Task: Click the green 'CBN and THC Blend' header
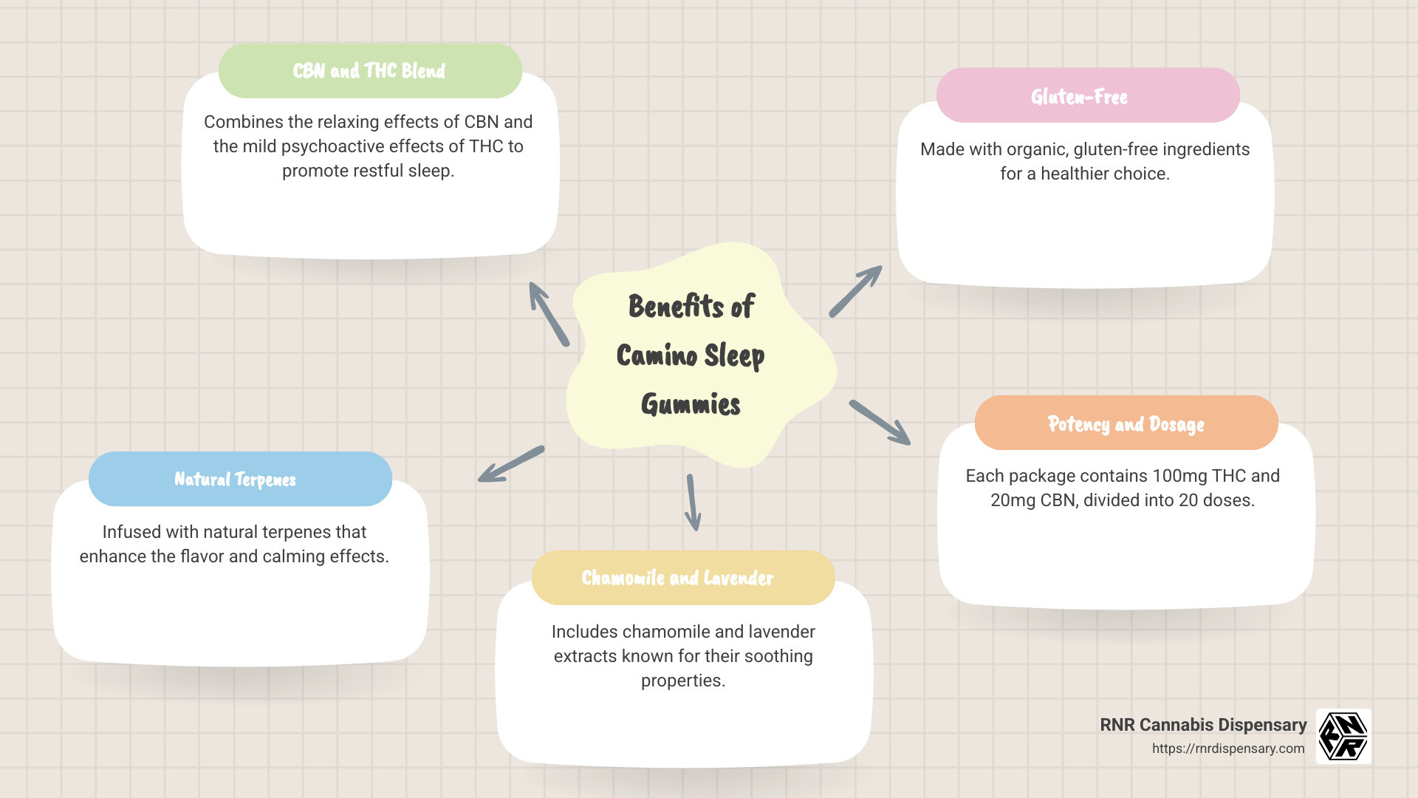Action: (369, 71)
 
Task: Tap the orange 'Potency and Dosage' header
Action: (1126, 423)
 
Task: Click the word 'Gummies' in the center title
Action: (691, 405)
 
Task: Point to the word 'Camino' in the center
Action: (657, 355)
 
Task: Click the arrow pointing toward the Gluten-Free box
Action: (855, 292)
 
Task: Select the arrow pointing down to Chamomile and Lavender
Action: (692, 502)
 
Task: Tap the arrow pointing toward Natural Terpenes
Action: (511, 464)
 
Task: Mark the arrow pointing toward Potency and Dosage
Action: (880, 423)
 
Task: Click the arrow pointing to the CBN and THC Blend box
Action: (549, 314)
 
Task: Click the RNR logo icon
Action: (1343, 736)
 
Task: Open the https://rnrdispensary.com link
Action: (1227, 748)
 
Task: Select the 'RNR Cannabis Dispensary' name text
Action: (1203, 725)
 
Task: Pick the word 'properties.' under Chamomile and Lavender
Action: (683, 681)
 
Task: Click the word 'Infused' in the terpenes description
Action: (128, 532)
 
